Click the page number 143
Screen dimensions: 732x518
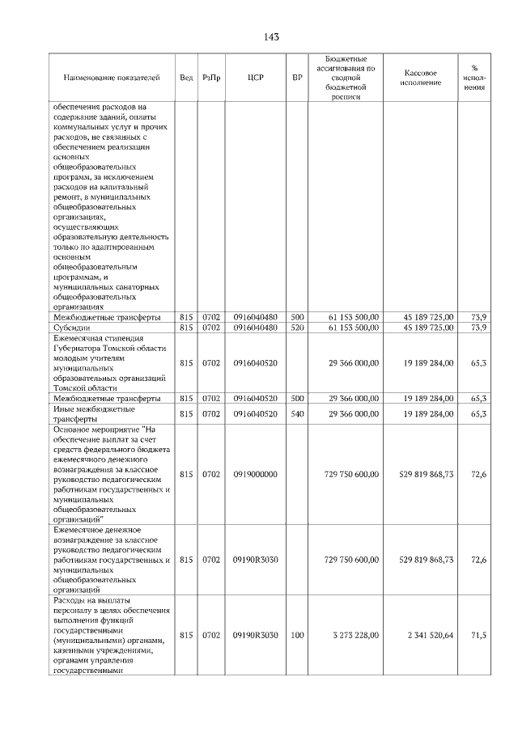click(271, 37)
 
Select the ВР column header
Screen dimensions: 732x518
click(297, 78)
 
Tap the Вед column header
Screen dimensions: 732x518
click(186, 78)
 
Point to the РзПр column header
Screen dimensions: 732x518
click(211, 78)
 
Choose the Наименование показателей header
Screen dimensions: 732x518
click(112, 78)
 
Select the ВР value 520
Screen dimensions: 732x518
click(297, 328)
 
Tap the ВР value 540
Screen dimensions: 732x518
click(297, 413)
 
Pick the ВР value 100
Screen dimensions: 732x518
click(297, 636)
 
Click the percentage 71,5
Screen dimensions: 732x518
click(478, 636)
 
